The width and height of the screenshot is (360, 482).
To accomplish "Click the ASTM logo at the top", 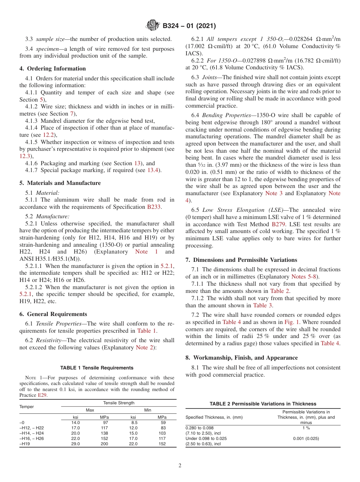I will tap(153, 26).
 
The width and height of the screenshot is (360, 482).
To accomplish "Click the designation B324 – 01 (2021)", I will tap(189, 26).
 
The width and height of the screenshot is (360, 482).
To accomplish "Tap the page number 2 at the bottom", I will tap(180, 465).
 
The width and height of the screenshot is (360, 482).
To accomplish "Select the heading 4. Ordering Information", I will tap(53, 69).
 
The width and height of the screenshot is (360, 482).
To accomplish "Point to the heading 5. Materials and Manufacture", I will tap(60, 183).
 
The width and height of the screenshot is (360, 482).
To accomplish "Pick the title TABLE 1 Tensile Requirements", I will tap(97, 368).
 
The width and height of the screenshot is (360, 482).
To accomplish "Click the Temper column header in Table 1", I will tap(26, 407).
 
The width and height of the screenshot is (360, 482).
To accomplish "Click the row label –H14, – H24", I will tap(31, 433).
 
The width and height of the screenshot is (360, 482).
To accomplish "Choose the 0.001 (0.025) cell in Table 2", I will tap(306, 438).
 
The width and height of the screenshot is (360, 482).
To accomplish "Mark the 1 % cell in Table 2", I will tap(306, 428).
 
